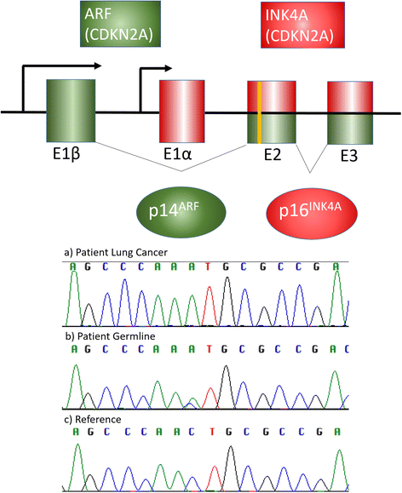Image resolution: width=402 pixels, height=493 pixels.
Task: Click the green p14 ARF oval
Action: point(181,209)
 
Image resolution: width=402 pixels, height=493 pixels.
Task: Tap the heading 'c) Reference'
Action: point(94,419)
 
